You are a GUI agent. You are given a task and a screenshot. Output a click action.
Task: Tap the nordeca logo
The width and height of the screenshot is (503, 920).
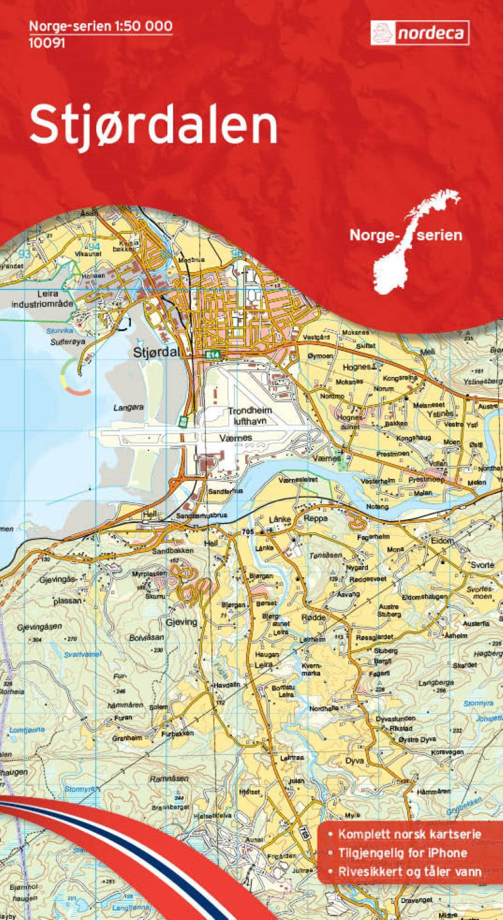point(419,33)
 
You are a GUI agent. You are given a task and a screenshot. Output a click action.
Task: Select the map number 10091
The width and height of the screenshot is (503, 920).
point(46,43)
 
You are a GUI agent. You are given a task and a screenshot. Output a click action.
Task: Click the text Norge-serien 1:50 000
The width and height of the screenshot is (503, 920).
point(101,26)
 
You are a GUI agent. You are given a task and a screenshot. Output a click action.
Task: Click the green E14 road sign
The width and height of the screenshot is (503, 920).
point(213,356)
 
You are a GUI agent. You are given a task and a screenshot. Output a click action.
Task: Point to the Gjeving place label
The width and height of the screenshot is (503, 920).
point(182,622)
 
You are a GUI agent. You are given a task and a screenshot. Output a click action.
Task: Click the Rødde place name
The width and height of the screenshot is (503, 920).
point(314,618)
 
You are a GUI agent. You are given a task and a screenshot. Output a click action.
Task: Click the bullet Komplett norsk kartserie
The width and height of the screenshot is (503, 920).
point(409,834)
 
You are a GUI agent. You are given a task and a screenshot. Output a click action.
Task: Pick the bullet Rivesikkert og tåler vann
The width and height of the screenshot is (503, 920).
point(410,872)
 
